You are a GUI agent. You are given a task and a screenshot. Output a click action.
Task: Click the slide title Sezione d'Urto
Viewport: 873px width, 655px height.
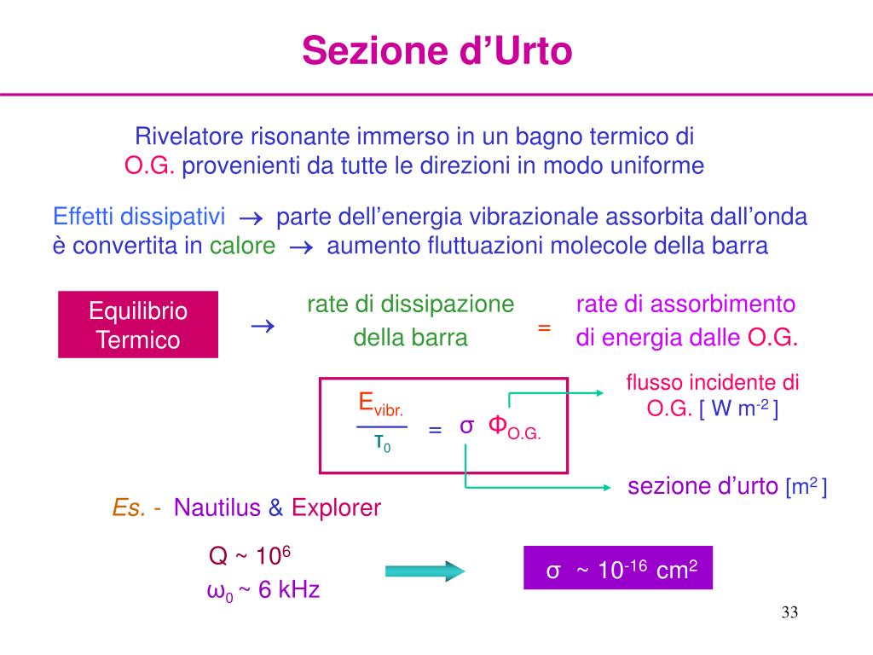[436, 50]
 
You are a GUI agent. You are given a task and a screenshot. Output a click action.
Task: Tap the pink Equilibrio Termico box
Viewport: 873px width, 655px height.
[138, 325]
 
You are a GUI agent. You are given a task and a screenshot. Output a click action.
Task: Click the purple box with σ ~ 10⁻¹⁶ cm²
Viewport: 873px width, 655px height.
[617, 568]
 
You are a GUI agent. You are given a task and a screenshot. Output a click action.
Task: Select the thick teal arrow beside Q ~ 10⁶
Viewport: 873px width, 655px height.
[424, 571]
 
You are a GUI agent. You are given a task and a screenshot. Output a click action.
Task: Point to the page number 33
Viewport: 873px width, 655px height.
[789, 613]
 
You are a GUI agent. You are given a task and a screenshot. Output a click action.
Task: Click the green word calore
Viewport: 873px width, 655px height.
[242, 246]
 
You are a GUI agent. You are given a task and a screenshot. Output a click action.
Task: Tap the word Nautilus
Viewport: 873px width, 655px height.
[217, 508]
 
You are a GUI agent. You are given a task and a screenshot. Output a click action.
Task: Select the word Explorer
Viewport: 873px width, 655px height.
[336, 508]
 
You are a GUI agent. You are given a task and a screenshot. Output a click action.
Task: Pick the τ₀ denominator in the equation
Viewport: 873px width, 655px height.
[382, 443]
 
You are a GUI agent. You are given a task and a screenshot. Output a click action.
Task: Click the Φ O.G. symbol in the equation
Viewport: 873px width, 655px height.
[514, 426]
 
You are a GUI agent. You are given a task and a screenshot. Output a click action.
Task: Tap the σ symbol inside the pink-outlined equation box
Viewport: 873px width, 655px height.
[466, 426]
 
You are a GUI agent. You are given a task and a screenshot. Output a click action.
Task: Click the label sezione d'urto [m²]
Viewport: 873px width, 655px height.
[727, 487]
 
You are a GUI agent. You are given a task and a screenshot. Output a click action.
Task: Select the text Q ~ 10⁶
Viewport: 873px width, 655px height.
[251, 557]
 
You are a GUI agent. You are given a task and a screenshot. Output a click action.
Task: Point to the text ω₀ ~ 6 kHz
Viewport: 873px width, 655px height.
[263, 590]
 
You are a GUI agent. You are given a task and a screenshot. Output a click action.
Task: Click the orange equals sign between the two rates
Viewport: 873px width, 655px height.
[544, 328]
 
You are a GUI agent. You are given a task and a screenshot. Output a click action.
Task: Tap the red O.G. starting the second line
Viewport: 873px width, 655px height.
[150, 165]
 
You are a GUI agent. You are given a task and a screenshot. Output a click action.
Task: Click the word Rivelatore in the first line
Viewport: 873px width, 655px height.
[190, 136]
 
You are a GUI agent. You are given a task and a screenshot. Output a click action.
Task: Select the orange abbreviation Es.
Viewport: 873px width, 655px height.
[130, 508]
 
